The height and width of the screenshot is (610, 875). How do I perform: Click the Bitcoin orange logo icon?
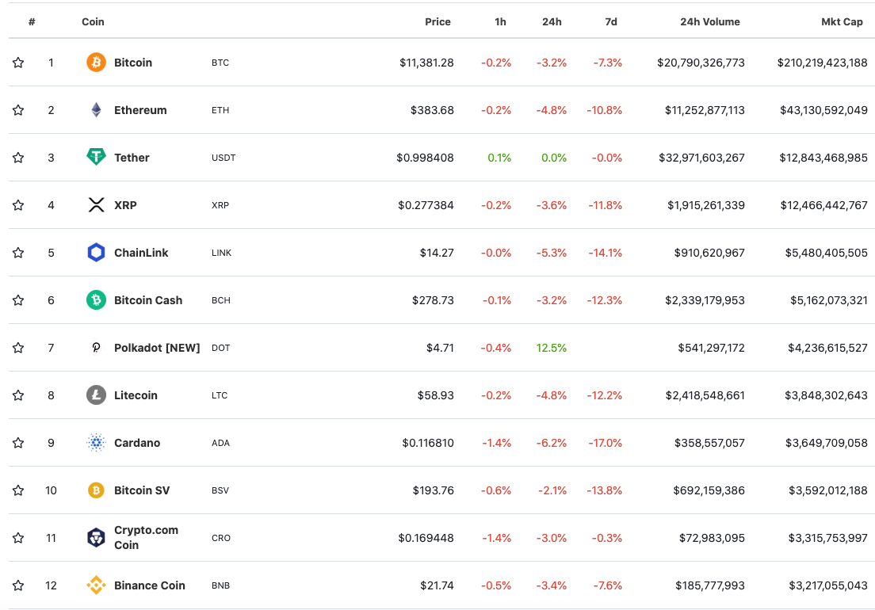[96, 63]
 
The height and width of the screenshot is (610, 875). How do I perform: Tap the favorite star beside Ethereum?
[18, 110]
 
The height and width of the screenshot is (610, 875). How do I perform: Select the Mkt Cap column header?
[842, 22]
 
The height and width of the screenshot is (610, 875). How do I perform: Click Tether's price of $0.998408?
[425, 158]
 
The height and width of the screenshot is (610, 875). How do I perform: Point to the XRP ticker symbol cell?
[220, 205]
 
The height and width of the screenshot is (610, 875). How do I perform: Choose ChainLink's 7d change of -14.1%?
[605, 253]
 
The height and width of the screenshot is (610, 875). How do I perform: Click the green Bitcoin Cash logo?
[96, 300]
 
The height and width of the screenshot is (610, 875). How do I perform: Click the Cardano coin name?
[137, 443]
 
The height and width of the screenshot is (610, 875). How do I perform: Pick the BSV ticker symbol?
[220, 490]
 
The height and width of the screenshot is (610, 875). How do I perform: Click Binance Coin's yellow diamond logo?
[96, 585]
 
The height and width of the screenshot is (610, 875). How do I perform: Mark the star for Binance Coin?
[18, 585]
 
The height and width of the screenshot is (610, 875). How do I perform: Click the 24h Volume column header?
[710, 22]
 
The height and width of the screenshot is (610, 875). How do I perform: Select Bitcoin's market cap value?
[822, 63]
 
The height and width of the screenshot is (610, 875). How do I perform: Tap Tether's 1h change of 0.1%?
[499, 158]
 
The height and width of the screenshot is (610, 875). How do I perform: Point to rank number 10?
[51, 490]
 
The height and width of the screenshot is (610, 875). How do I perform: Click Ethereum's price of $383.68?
[432, 110]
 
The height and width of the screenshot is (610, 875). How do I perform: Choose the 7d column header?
[611, 22]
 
